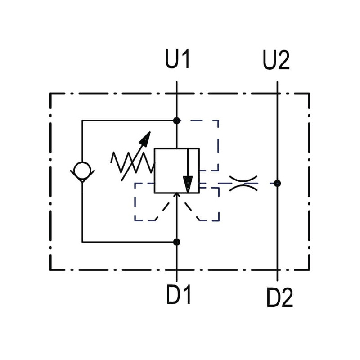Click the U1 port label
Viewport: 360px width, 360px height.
178,60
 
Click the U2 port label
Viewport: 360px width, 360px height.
276,61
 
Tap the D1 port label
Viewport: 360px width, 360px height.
179,295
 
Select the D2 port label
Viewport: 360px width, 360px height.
279,297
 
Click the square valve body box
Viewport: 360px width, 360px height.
176,171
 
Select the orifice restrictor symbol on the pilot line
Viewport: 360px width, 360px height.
243,183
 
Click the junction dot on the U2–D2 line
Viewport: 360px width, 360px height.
277,183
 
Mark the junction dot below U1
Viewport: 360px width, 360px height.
176,121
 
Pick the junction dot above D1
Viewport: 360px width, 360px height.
176,242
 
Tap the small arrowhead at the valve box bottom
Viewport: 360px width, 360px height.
176,195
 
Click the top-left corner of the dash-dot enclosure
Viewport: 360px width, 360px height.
50,94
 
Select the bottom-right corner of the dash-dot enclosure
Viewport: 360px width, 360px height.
309,270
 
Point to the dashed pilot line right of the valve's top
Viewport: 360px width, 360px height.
218,144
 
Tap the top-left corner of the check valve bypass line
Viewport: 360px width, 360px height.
82,121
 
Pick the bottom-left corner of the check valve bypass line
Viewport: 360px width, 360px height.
82,242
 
